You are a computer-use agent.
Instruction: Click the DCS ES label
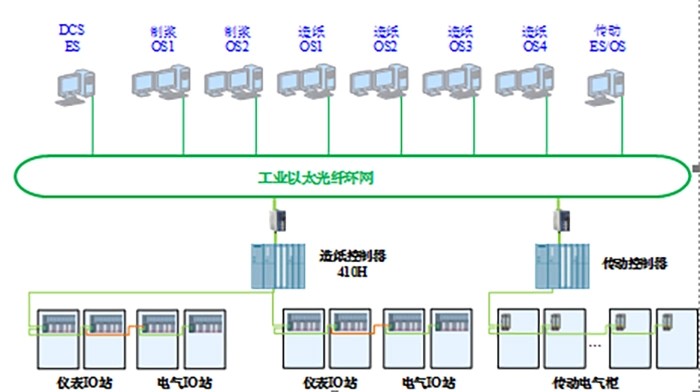71,38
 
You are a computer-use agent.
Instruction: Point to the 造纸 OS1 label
311,38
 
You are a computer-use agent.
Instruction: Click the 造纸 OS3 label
459,38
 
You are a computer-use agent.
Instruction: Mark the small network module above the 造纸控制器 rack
277,223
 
